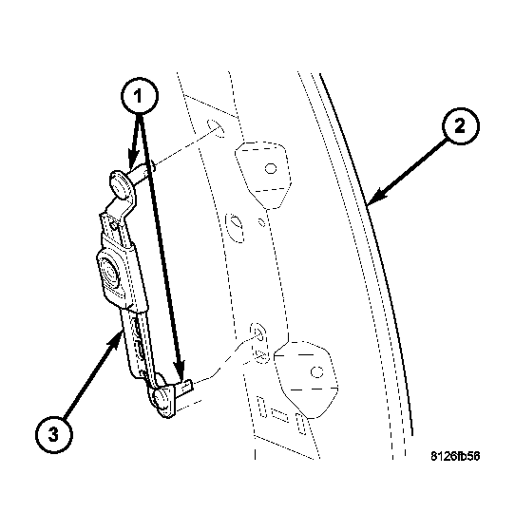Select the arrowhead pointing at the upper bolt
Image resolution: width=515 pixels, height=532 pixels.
pos(126,169)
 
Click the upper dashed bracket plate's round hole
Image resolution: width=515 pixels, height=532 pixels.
pos(271,169)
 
